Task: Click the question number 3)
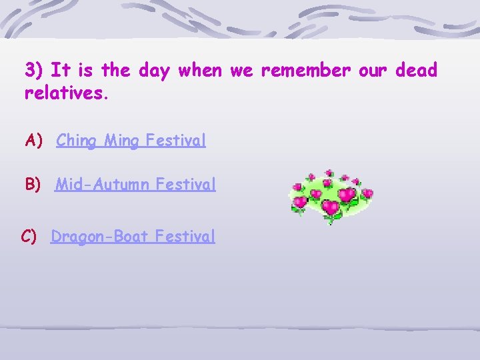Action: tap(35, 70)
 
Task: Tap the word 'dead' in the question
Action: tap(416, 70)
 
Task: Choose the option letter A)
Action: tap(34, 141)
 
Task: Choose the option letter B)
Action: tap(33, 184)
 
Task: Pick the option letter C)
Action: tap(29, 236)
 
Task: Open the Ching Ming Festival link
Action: tap(131, 141)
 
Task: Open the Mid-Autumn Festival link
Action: tap(135, 184)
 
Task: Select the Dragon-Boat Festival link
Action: tap(133, 236)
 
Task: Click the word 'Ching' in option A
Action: tap(77, 141)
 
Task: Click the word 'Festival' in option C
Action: tap(185, 236)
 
